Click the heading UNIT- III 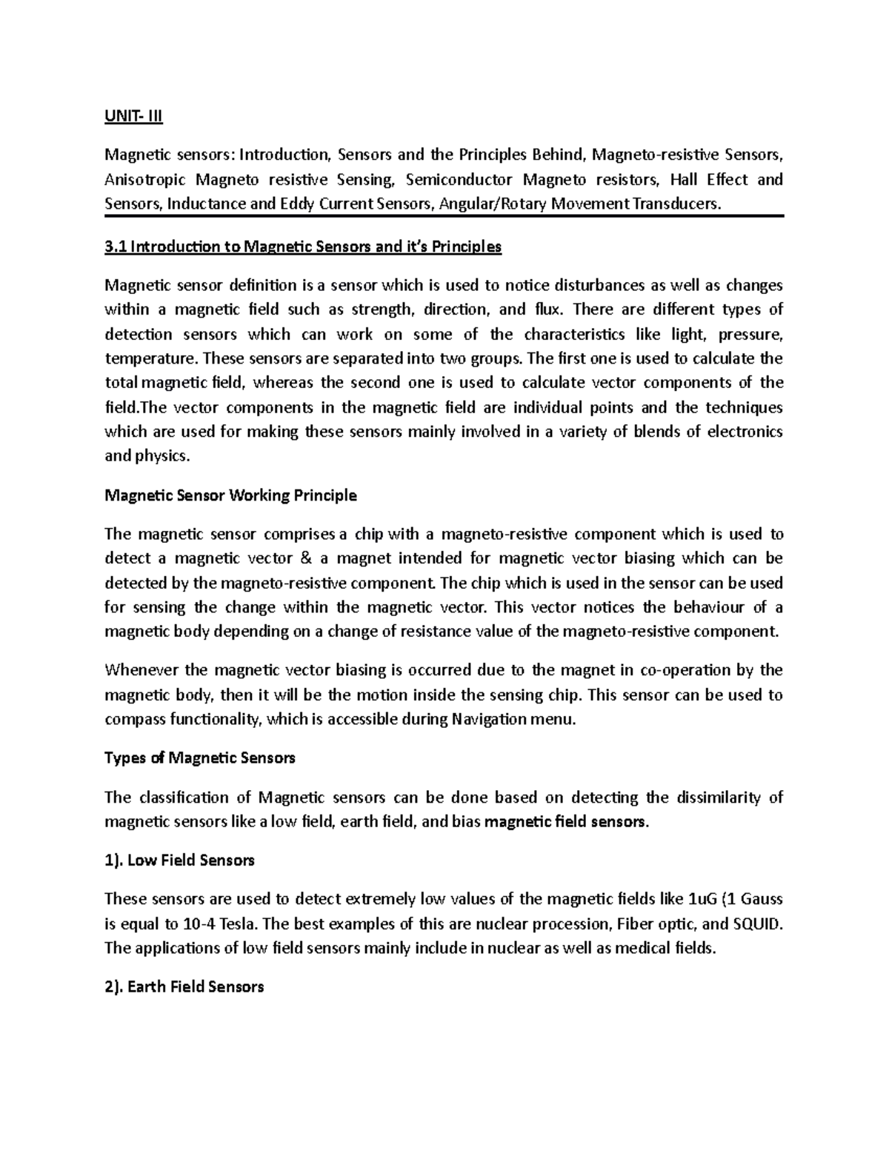click(x=133, y=116)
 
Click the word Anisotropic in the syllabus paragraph click(x=143, y=179)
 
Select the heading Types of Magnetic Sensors click(x=200, y=758)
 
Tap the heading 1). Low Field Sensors click(x=180, y=860)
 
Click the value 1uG click(x=702, y=899)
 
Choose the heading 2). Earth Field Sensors click(x=184, y=986)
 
